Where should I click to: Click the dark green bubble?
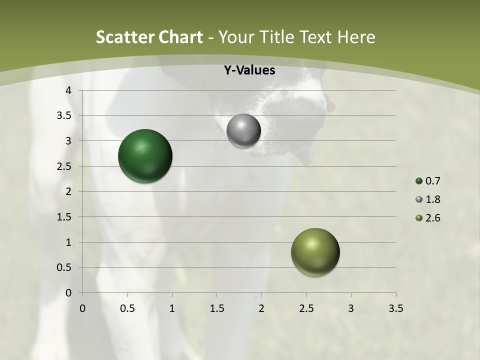click(x=145, y=156)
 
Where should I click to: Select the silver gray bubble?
click(x=243, y=131)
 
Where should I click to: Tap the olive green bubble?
click(x=315, y=252)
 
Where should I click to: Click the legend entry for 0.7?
click(x=428, y=181)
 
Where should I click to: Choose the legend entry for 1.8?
click(x=428, y=199)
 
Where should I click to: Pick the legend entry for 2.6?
click(x=428, y=218)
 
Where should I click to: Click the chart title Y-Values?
click(x=249, y=70)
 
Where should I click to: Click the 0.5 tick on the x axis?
click(x=127, y=308)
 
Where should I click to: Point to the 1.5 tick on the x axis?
click(x=216, y=308)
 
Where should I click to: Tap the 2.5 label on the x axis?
click(x=306, y=308)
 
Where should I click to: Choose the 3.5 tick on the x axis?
click(x=395, y=308)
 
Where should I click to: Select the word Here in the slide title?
click(x=355, y=37)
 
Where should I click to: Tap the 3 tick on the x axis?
click(x=351, y=308)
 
